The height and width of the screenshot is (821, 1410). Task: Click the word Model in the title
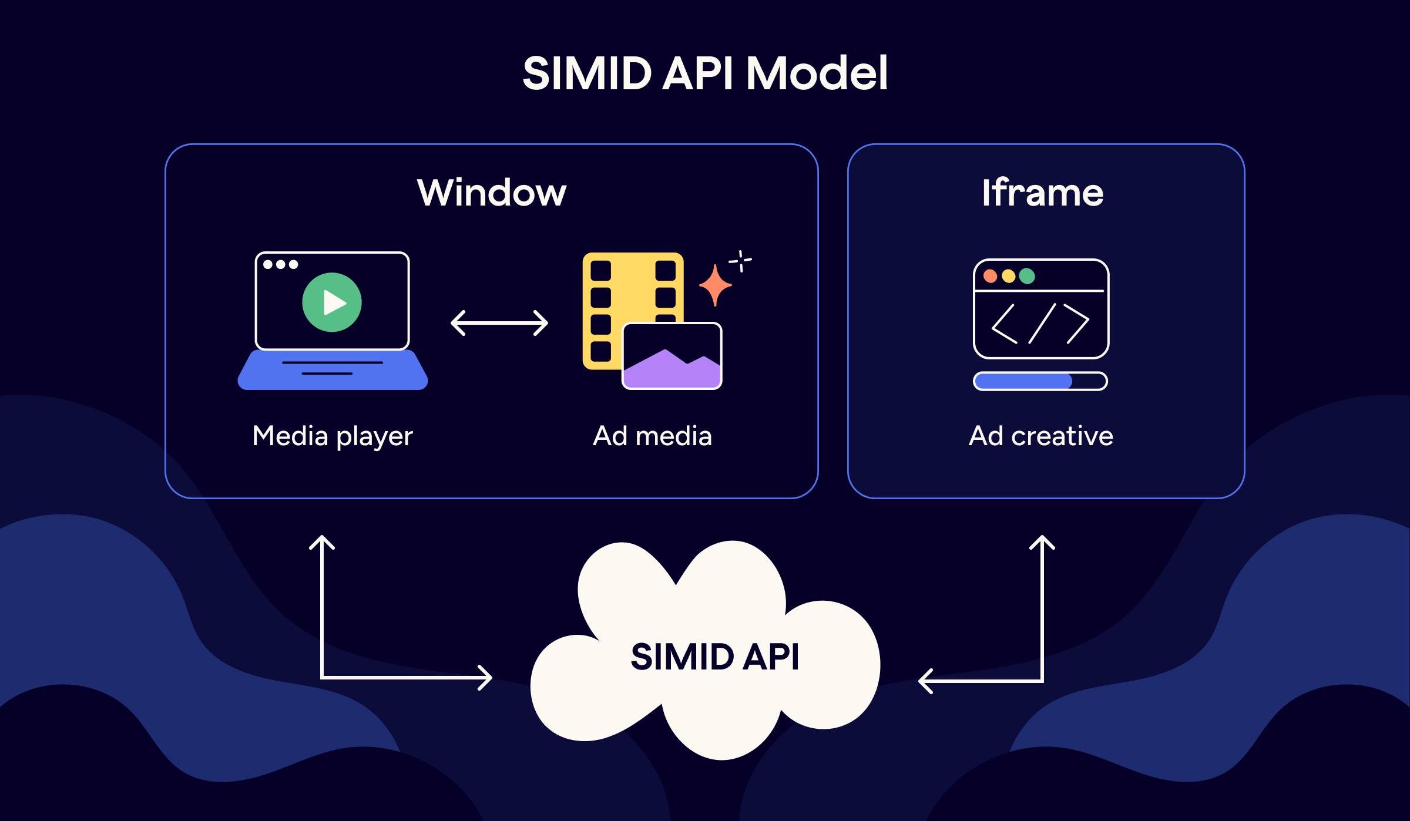tap(817, 73)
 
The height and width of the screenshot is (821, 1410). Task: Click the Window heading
tap(492, 193)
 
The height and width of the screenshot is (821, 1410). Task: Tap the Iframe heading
tap(1043, 193)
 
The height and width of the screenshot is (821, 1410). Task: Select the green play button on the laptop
tap(332, 302)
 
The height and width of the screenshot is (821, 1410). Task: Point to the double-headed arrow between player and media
tap(499, 323)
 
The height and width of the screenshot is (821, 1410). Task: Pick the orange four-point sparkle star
tap(715, 285)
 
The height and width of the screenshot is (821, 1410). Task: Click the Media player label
tap(333, 436)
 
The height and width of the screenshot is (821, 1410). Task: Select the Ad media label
tap(652, 436)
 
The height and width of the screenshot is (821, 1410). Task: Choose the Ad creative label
tap(1041, 436)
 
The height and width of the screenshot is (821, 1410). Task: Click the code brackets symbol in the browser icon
tap(1040, 324)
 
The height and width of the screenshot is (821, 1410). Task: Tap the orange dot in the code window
tap(990, 276)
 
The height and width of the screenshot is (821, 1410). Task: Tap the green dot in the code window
tap(1027, 276)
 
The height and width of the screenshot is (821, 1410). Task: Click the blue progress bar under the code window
tap(1023, 381)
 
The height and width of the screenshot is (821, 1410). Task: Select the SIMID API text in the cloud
tap(714, 657)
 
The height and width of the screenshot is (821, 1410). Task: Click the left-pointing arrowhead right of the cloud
tap(925, 681)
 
